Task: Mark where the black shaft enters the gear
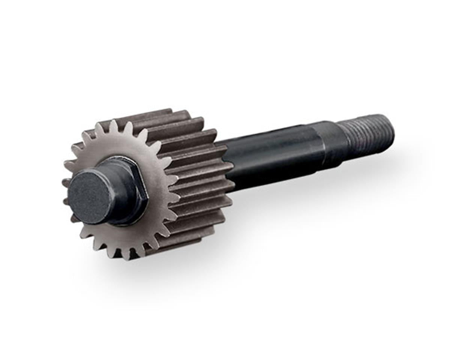tap(227, 165)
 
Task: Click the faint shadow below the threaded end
tap(375, 165)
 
